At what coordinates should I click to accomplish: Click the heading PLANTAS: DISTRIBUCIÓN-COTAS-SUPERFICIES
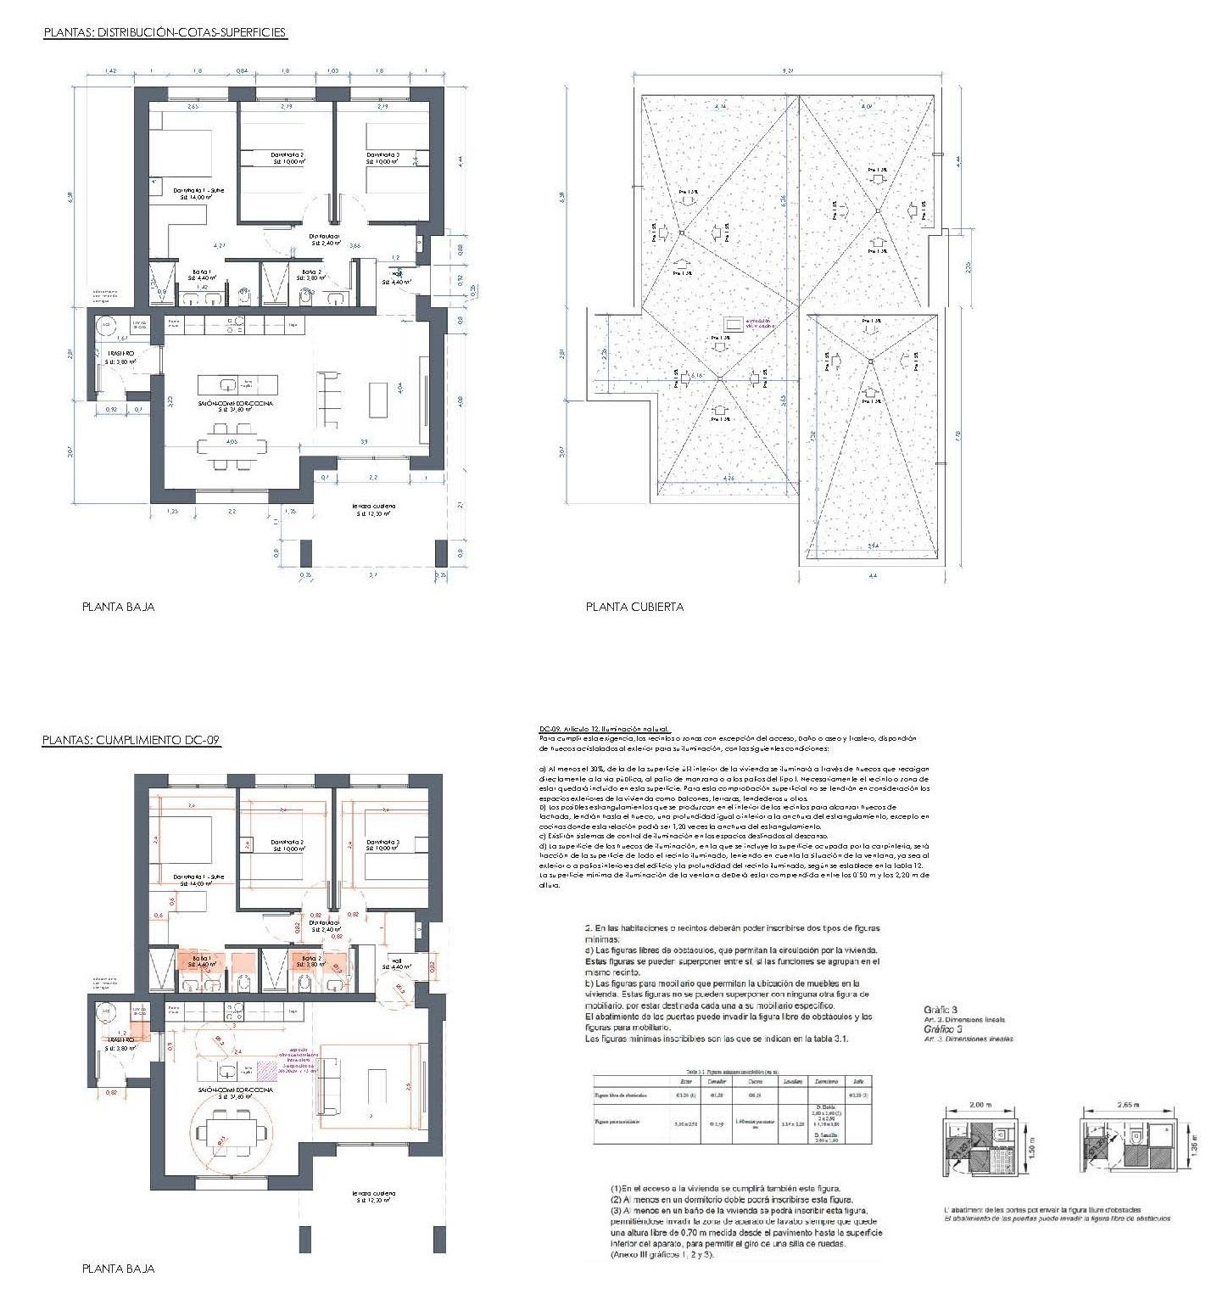[x=165, y=33]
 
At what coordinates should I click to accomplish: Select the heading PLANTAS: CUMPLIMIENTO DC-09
[x=131, y=741]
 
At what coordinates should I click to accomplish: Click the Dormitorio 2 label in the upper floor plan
[x=288, y=155]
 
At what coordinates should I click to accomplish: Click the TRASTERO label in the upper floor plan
[x=120, y=352]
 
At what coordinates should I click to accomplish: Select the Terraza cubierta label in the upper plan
[x=374, y=507]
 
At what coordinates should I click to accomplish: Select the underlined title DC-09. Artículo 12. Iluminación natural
[x=604, y=728]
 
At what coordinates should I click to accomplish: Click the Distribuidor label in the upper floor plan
[x=324, y=236]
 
